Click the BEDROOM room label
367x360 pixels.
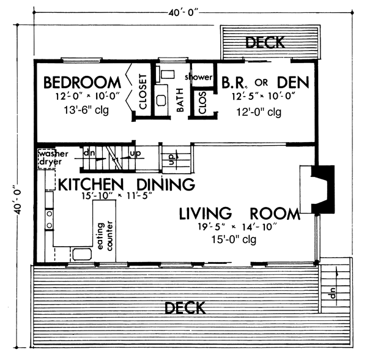82,83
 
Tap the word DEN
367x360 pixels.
293,83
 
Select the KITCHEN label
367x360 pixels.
91,184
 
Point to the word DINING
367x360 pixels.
166,184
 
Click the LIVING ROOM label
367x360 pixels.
239,214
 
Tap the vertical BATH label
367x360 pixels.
180,100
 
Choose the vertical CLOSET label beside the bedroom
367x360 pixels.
143,92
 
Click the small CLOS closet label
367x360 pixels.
202,103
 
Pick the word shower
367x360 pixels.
199,77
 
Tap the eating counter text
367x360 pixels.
105,236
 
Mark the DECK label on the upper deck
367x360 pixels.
265,42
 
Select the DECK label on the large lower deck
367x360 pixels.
185,308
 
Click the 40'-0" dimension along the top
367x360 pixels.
183,13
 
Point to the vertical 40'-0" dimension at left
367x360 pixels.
18,200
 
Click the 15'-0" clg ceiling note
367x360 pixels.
234,239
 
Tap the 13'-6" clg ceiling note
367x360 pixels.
86,110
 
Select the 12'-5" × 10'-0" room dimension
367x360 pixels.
263,96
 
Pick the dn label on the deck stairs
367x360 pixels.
332,293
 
